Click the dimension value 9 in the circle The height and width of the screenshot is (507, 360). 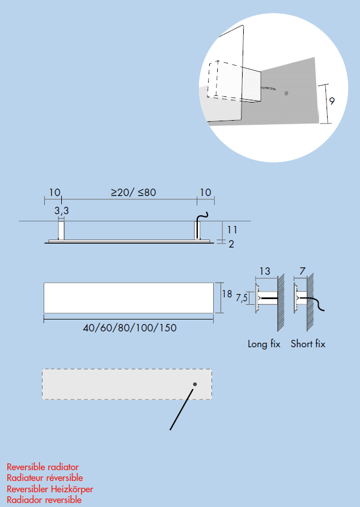point(332,101)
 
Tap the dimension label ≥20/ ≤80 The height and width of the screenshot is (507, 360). point(133,193)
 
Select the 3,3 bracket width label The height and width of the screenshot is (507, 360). point(62,210)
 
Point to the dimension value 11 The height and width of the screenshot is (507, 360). point(232,230)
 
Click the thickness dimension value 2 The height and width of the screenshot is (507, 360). point(231,244)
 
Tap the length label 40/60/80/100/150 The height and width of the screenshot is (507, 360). point(129,328)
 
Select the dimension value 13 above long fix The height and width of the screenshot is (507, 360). point(264,271)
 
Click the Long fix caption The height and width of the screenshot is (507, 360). point(264,344)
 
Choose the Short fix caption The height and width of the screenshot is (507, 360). point(308,344)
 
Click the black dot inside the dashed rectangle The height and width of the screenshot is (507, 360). point(194,384)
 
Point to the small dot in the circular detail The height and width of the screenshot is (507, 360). point(287,92)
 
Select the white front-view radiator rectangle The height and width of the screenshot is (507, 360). point(129,297)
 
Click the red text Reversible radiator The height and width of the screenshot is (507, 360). point(43,467)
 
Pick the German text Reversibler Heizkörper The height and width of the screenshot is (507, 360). point(50,489)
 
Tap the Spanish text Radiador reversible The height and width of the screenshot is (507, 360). point(44,500)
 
